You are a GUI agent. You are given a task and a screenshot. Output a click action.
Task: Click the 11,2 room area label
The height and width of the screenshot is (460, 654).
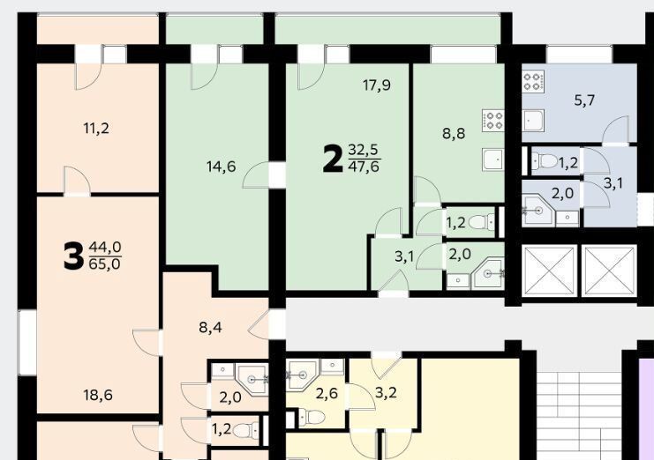click(x=96, y=129)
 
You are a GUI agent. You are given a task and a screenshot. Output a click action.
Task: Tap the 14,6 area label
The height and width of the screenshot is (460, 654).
click(x=221, y=167)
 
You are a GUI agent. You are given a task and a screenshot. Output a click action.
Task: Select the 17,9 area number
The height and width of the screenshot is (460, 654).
click(x=377, y=85)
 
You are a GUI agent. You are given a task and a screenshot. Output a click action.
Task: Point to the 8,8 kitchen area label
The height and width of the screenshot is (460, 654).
click(x=454, y=134)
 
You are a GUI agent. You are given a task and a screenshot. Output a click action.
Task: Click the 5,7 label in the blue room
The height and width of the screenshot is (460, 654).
click(x=584, y=100)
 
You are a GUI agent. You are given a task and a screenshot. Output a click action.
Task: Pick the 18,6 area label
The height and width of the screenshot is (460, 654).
click(x=98, y=395)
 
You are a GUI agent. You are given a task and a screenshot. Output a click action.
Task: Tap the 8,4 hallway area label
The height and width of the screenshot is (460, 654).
click(x=210, y=328)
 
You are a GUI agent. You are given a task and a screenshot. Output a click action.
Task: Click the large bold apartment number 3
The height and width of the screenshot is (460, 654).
click(x=73, y=256)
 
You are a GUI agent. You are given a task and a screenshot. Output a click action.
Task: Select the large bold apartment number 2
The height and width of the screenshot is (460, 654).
click(x=333, y=160)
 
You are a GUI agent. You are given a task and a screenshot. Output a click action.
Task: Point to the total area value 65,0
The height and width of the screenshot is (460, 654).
click(x=105, y=264)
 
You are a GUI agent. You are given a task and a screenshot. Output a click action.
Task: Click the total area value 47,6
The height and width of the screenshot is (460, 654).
click(x=365, y=167)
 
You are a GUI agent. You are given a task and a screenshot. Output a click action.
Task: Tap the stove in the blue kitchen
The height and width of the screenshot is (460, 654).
click(x=533, y=81)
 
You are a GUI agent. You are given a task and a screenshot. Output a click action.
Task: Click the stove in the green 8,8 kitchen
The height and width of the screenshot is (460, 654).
click(x=493, y=121)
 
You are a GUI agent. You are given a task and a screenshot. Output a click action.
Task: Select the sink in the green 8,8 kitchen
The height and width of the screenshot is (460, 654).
click(x=493, y=159)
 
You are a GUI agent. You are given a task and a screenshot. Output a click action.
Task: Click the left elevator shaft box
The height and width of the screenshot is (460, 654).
click(x=549, y=271)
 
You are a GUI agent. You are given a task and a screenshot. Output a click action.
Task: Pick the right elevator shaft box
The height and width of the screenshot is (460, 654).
click(x=609, y=271)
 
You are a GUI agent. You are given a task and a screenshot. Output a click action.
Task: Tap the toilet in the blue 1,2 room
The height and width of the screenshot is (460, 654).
click(x=544, y=160)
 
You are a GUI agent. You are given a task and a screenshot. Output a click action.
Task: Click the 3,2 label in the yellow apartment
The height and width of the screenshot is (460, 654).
click(x=386, y=392)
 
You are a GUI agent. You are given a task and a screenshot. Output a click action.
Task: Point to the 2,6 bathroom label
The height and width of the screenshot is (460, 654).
click(x=327, y=393)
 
